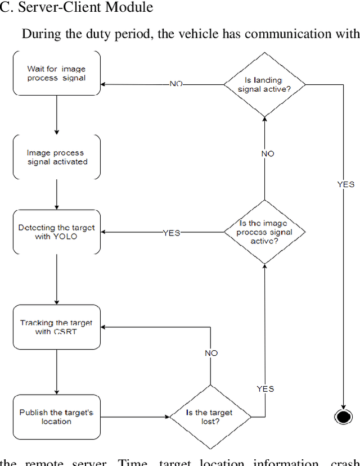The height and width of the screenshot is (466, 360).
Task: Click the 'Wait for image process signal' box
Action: pos(56,73)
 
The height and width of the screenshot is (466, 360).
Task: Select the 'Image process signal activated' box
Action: pos(56,157)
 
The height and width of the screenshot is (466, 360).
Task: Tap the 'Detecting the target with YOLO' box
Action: pos(56,232)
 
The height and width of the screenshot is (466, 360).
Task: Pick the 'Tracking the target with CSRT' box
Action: pos(56,327)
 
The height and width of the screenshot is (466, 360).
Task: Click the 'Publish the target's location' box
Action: pos(56,417)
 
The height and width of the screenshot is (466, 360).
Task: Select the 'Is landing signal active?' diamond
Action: pos(264,84)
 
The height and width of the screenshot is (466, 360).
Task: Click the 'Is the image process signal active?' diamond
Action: pos(264,232)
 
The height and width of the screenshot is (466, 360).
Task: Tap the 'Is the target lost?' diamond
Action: pos(210,417)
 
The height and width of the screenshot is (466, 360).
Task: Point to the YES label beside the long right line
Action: pos(345,184)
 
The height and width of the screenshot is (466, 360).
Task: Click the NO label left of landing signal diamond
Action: pos(176,84)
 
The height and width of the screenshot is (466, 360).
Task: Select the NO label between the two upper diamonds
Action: pos(268,153)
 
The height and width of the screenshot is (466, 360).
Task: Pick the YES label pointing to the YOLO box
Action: pos(171,233)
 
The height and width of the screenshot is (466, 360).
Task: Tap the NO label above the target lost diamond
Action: pos(211,353)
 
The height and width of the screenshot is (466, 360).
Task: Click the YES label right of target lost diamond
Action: pos(265,388)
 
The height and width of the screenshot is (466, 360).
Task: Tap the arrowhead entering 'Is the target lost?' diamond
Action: pos(167,417)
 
